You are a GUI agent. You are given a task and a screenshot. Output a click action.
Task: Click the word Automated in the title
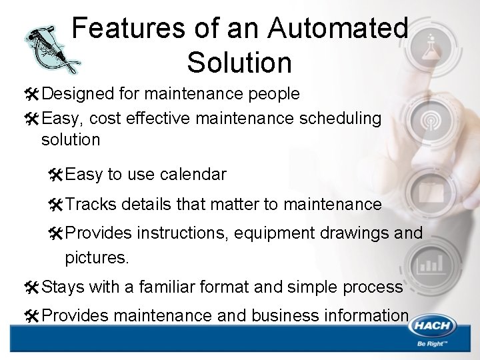point(338,29)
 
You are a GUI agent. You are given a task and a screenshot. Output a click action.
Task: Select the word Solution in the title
point(239,62)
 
